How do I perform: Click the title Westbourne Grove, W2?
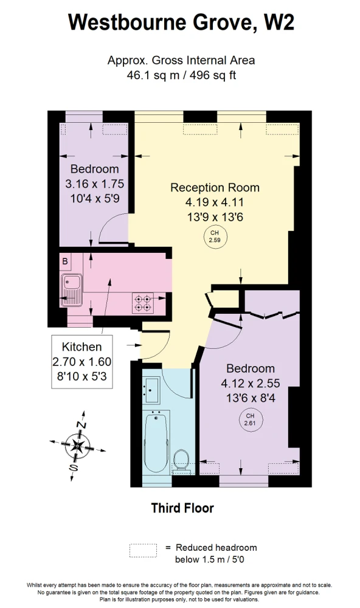click(181, 22)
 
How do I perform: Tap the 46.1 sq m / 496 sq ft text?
click(181, 75)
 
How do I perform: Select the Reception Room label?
click(215, 188)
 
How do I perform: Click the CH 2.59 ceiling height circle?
click(215, 237)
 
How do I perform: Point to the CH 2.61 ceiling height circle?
click(251, 420)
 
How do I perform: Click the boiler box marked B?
click(65, 261)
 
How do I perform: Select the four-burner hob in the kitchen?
click(143, 303)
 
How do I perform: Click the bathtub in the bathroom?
click(156, 442)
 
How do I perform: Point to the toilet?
click(181, 461)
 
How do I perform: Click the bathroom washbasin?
click(151, 390)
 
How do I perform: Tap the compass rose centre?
click(78, 446)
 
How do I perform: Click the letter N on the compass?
click(81, 424)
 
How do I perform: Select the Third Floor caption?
click(182, 508)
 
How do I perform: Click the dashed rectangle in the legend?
click(143, 551)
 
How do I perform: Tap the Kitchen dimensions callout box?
click(82, 362)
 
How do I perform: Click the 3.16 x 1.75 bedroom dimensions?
click(95, 184)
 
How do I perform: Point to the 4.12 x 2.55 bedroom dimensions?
click(251, 383)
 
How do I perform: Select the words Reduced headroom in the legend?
click(216, 548)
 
